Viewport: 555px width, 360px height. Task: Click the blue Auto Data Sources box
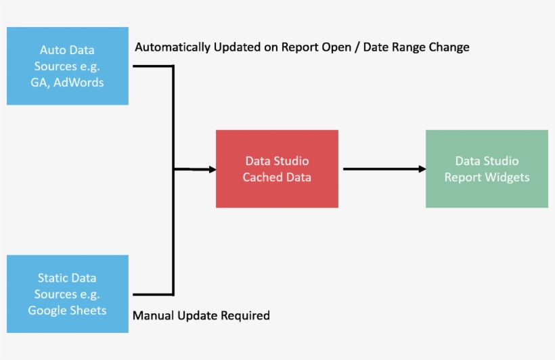pos(68,66)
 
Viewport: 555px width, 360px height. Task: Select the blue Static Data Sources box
pos(68,294)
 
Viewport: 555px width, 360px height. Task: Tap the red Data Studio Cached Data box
pos(277,168)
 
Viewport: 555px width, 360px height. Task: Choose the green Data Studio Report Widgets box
pos(487,168)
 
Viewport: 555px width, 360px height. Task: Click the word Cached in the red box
pos(261,177)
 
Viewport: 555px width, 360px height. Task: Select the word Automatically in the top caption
pos(173,47)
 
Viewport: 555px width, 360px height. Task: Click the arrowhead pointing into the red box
pos(210,169)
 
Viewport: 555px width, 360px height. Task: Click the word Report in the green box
pos(463,177)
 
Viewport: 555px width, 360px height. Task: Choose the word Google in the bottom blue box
pos(49,311)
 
